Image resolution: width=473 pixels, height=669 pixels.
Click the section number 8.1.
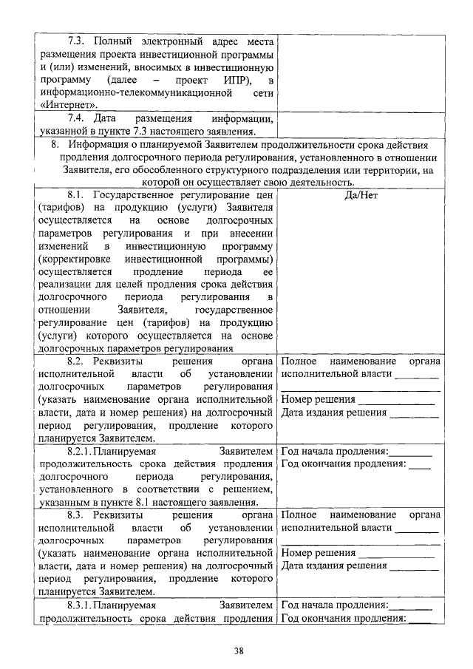coord(77,194)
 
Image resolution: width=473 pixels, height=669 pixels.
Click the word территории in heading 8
coord(398,170)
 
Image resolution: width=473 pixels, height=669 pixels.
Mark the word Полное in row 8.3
coord(299,515)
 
